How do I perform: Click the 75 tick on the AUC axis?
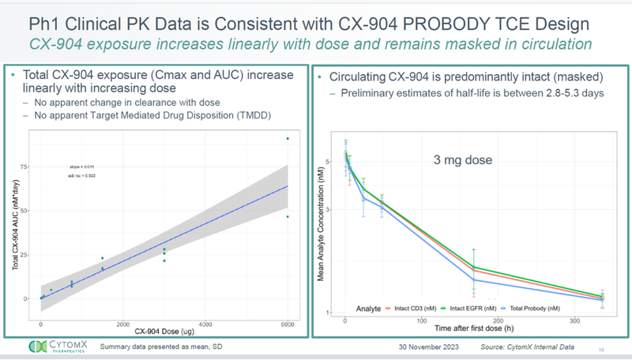34,167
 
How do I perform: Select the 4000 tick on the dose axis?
205,324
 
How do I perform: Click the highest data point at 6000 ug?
288,138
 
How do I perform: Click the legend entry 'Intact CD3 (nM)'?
416,307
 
